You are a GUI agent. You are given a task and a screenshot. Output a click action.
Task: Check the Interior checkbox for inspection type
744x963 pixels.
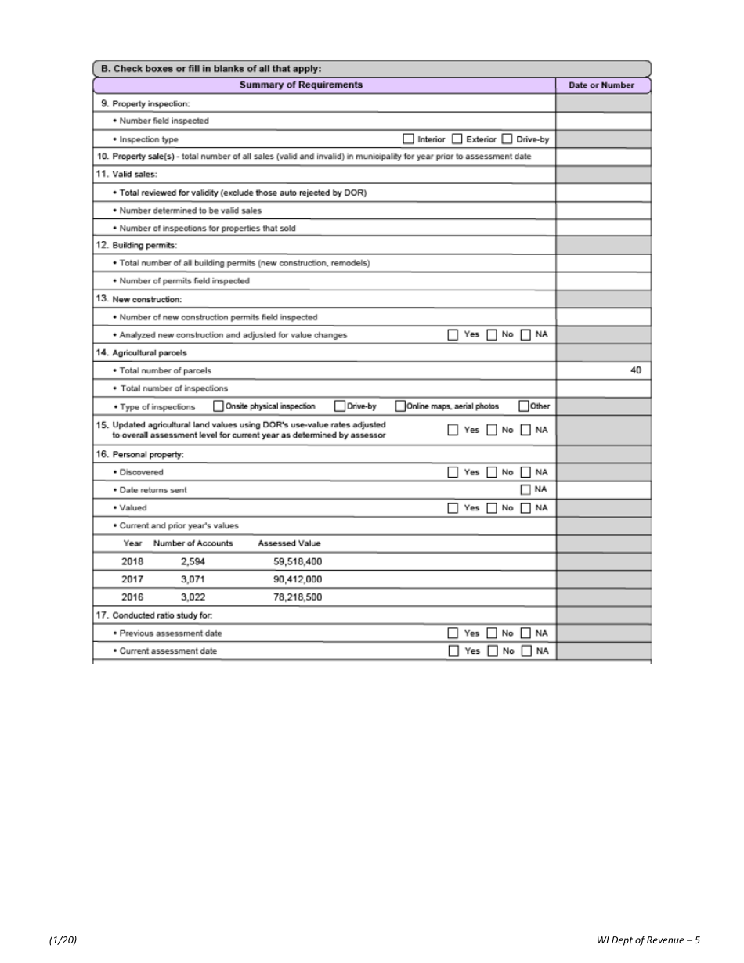click(x=408, y=139)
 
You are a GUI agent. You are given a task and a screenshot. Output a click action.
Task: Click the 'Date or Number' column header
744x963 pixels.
click(x=601, y=85)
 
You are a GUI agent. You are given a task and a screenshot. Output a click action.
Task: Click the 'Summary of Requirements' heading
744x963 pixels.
click(x=301, y=85)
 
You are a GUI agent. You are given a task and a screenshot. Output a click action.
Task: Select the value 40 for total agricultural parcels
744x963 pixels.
click(x=636, y=370)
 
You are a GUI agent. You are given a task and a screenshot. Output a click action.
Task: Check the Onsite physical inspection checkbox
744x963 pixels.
click(x=219, y=406)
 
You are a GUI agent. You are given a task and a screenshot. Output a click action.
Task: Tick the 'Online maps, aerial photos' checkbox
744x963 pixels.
click(x=400, y=406)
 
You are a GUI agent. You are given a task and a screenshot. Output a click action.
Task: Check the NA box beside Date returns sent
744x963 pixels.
click(x=526, y=489)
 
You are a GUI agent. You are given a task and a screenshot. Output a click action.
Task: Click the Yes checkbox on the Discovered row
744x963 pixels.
click(x=453, y=472)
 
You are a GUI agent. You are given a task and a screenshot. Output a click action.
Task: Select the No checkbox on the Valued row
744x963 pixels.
click(x=490, y=507)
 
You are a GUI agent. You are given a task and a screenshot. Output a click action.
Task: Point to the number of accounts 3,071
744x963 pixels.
click(x=193, y=579)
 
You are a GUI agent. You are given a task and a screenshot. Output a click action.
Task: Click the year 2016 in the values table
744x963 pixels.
click(x=132, y=597)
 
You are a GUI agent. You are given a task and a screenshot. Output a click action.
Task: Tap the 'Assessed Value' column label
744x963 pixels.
click(x=289, y=543)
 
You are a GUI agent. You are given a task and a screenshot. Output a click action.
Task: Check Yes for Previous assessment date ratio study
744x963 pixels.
click(x=453, y=633)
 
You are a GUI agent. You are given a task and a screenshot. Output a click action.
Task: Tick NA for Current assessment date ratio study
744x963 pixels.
click(x=526, y=651)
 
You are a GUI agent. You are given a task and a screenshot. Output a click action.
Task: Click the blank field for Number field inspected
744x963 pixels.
click(x=603, y=121)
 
